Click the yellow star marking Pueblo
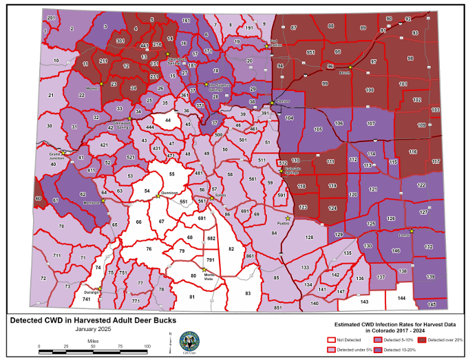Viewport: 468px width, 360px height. [x=288, y=219]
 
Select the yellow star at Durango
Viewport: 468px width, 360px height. [x=100, y=288]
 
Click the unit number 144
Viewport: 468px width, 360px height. [x=401, y=298]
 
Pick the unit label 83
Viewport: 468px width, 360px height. [x=248, y=293]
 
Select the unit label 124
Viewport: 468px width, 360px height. [x=332, y=208]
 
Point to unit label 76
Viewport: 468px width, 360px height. [x=148, y=248]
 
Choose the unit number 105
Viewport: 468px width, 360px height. [x=318, y=129]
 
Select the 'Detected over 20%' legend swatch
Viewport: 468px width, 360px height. [x=421, y=340]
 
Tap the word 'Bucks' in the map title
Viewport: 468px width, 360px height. [x=161, y=320]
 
